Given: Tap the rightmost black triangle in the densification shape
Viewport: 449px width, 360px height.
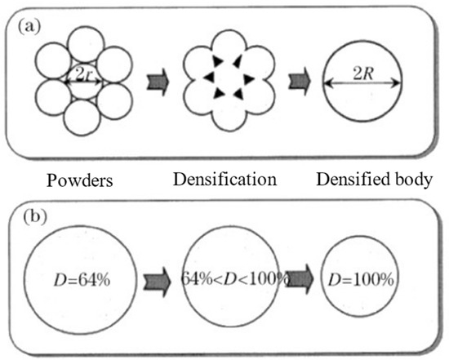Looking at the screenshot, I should [x=247, y=79].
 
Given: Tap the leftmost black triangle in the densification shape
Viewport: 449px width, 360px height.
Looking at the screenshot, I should [x=209, y=76].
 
